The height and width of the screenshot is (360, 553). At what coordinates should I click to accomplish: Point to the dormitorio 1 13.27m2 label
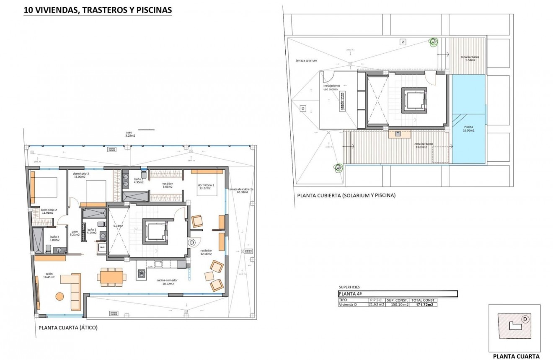206,186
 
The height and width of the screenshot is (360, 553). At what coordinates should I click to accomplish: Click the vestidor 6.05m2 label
168,185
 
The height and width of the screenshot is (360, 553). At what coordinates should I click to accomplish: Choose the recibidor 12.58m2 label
206,252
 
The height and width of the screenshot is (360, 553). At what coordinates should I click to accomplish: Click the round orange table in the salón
60,296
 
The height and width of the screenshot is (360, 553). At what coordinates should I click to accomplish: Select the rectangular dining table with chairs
111,277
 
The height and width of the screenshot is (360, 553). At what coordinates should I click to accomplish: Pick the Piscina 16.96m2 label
469,129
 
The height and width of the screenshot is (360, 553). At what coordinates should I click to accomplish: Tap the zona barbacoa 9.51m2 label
470,58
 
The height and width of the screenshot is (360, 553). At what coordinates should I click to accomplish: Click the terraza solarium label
306,61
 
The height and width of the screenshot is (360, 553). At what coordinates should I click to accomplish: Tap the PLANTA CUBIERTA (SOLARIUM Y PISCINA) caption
346,195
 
